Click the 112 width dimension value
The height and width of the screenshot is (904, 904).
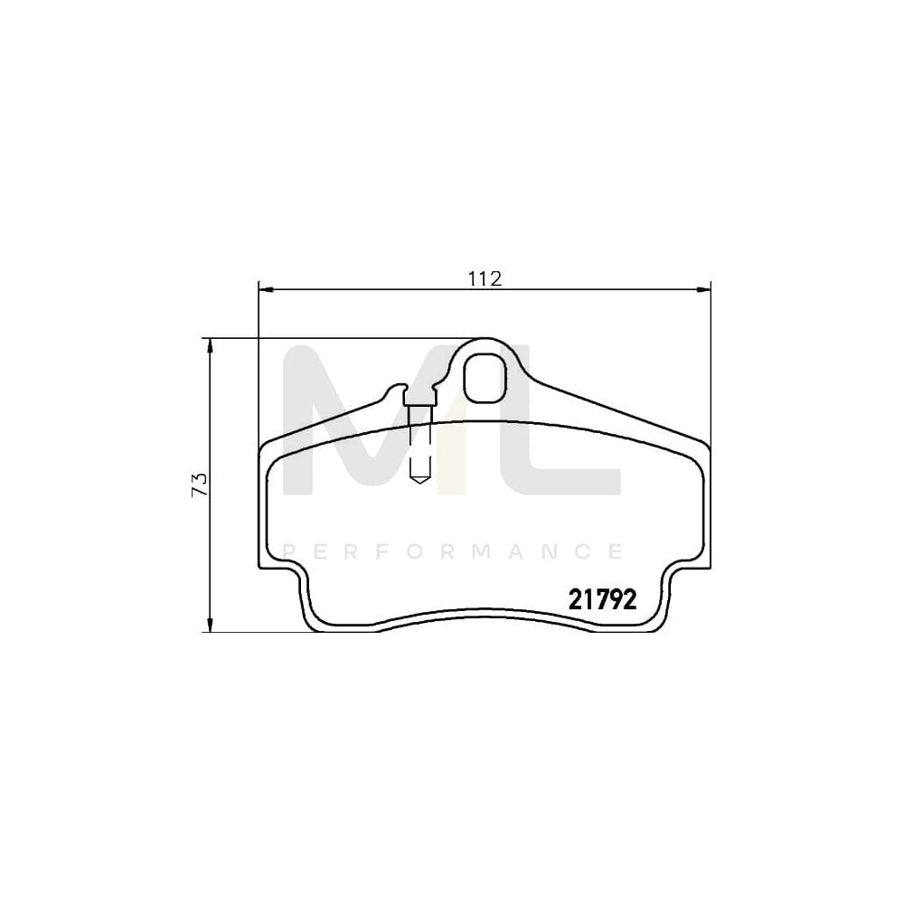[485, 278]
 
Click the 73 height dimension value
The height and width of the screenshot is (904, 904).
[200, 483]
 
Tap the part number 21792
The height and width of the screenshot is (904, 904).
[603, 598]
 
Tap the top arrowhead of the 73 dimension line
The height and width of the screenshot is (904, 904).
[210, 344]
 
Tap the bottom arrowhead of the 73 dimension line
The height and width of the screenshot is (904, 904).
[210, 626]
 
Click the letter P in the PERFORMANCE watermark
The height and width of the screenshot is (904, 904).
[289, 551]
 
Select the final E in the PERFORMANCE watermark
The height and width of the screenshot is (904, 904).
[615, 551]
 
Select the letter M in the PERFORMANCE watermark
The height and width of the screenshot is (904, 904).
[453, 551]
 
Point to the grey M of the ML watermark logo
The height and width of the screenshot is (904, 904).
[362, 425]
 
